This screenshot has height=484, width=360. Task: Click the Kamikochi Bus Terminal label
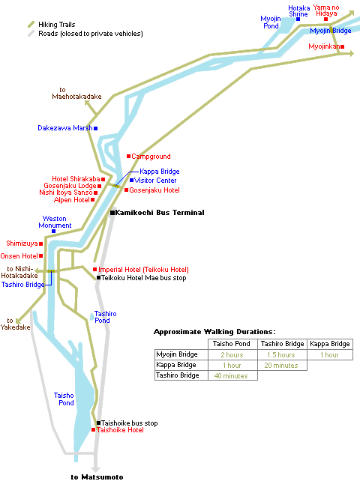coord(160,212)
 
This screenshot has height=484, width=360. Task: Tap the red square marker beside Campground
coord(128,156)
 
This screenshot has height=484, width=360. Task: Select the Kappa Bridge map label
coord(160,172)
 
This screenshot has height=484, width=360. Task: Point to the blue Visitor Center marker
coord(132,180)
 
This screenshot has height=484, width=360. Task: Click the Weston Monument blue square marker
coord(53,231)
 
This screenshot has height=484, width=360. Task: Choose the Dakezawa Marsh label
coord(65,128)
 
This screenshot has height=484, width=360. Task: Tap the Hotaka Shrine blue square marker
coord(298,19)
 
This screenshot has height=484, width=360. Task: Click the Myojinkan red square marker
coord(343,46)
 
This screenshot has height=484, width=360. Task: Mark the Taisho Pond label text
coord(64,399)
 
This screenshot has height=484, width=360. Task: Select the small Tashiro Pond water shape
coord(91,317)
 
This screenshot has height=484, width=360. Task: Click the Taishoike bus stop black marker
coord(98,423)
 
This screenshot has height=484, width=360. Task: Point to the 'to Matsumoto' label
coord(97,477)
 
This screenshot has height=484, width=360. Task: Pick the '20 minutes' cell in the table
coord(282,366)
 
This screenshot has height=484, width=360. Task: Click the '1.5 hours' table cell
coord(282,354)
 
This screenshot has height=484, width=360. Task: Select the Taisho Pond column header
coord(232,344)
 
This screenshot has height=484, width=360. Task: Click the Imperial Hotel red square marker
coord(94,270)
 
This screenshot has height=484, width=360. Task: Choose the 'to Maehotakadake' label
coord(76,93)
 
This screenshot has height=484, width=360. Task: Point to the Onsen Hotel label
coord(19,256)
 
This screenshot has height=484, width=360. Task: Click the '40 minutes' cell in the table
coord(232,375)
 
